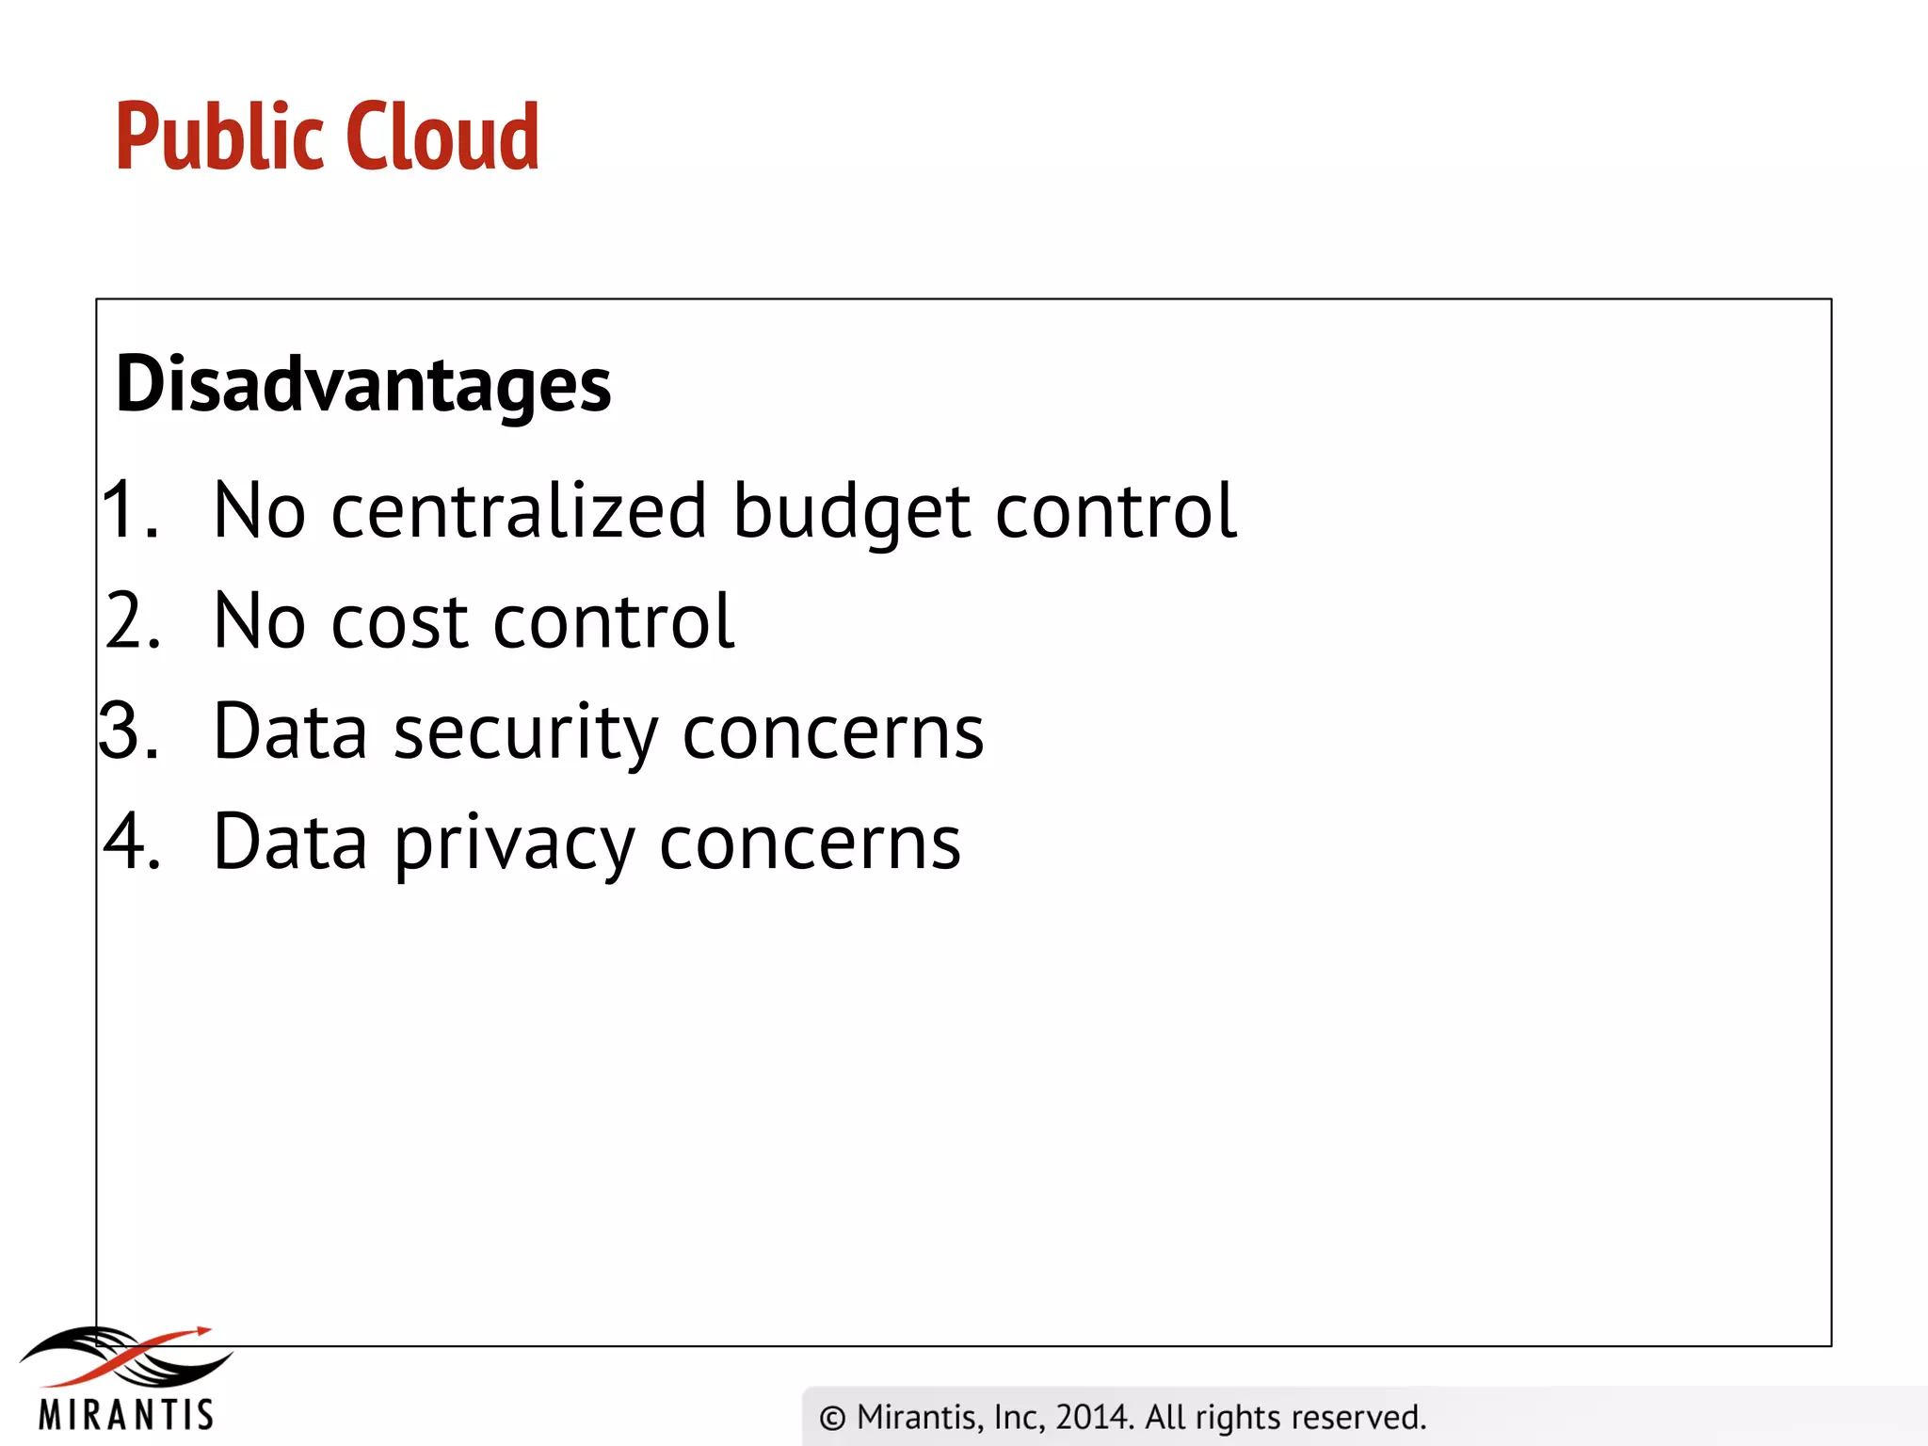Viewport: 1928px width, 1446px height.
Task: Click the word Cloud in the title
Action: point(442,137)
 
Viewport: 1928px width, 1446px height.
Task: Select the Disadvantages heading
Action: point(363,385)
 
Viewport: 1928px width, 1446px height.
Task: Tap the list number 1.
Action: point(128,510)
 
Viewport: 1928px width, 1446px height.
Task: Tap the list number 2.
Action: point(132,621)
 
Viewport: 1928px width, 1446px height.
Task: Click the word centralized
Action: point(519,511)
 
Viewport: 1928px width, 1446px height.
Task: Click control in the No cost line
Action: point(613,621)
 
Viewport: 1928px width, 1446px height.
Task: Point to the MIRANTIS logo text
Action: point(126,1415)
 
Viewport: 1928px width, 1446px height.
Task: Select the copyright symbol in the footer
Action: point(832,1418)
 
